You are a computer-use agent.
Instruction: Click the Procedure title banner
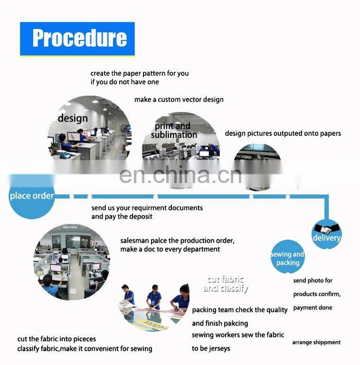pos(77,39)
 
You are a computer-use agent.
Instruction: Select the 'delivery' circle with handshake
pos(326,234)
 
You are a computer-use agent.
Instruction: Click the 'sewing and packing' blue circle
pos(288,257)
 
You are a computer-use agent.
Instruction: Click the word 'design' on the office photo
pos(73,118)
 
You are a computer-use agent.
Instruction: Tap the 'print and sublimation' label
pos(174,130)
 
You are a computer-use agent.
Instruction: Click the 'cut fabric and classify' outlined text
pos(226,284)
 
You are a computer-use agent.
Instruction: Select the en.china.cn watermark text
pos(180,175)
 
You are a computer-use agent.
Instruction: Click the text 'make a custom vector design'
pos(179,100)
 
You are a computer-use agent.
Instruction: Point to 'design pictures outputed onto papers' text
pos(283,134)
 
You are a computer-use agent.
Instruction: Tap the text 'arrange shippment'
pos(316,342)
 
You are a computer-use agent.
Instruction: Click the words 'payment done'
pos(313,308)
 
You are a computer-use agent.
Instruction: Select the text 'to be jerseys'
pos(211,348)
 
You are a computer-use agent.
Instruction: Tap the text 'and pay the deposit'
pos(122,217)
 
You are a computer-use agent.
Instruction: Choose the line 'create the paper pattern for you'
pos(140,73)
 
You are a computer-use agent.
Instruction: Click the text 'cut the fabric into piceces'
pos(57,339)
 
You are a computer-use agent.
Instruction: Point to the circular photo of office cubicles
pos(72,262)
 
